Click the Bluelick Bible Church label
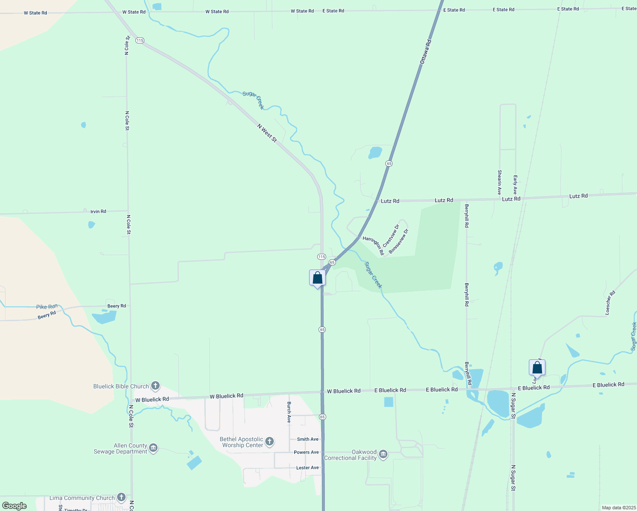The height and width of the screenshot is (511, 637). click(x=121, y=386)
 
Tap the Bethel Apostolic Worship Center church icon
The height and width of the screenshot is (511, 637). click(x=270, y=442)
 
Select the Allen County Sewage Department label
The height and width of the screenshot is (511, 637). click(x=121, y=448)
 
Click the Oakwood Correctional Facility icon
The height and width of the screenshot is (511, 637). click(x=383, y=454)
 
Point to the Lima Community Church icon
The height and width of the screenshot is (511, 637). click(x=121, y=497)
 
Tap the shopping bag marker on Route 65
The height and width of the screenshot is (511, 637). click(x=317, y=278)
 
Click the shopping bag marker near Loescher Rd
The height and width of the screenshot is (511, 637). click(x=537, y=367)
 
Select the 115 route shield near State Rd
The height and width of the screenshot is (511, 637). click(x=140, y=40)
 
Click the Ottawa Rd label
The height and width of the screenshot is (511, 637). click(x=426, y=52)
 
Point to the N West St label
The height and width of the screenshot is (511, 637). click(x=267, y=133)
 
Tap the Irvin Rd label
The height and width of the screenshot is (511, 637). click(x=98, y=211)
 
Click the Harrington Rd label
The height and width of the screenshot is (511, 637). click(x=373, y=246)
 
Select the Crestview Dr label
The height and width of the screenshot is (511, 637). click(x=391, y=236)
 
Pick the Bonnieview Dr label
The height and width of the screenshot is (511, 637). click(x=399, y=241)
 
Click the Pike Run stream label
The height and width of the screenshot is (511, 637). click(x=47, y=307)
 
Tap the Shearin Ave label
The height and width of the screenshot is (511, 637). click(x=499, y=182)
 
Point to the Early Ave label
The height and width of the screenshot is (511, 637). click(x=515, y=184)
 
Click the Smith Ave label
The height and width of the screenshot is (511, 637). click(x=307, y=439)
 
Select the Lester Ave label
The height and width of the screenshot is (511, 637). click(x=307, y=468)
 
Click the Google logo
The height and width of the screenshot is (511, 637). click(x=14, y=505)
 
